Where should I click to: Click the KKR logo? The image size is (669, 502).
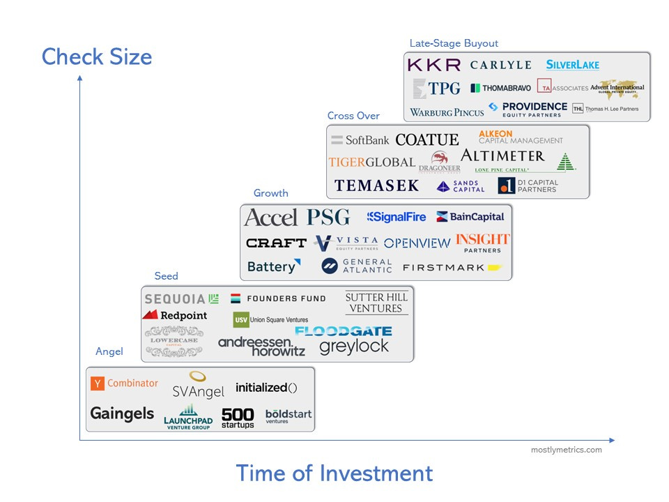(433, 65)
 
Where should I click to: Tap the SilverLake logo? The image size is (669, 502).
(572, 65)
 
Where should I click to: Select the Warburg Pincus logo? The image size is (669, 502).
(447, 112)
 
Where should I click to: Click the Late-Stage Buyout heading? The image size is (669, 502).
(454, 43)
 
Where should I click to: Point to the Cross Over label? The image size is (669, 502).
(353, 116)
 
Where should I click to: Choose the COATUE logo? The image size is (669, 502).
(426, 140)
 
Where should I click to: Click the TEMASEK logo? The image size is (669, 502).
(376, 185)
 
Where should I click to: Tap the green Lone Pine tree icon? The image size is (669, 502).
(566, 162)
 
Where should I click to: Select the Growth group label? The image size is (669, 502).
(270, 193)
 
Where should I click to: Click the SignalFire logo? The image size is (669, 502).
(397, 217)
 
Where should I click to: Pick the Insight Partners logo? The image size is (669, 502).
(483, 243)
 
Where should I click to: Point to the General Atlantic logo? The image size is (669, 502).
(357, 266)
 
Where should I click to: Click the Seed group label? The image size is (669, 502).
(166, 276)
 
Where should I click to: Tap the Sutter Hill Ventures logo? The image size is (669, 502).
(376, 303)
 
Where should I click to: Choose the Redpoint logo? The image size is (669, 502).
(175, 315)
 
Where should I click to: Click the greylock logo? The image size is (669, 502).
(354, 346)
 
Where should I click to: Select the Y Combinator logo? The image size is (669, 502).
(125, 383)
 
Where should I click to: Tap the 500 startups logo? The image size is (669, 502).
(238, 418)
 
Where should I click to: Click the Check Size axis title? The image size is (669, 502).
(97, 56)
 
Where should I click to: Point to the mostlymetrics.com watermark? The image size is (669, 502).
(566, 450)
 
